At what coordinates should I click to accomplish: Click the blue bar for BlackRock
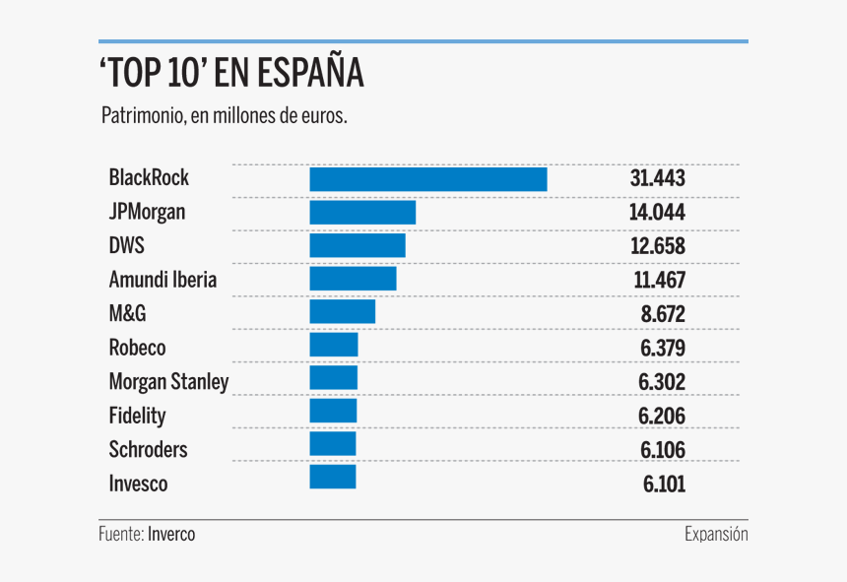point(427,179)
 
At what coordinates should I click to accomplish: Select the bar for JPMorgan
point(362,213)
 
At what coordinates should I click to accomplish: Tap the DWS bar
point(358,246)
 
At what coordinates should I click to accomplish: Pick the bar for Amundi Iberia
point(353,280)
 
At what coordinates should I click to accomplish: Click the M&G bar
point(342,312)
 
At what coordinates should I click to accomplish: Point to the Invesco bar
point(332,478)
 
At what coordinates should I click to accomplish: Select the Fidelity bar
point(333,411)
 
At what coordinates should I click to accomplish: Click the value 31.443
point(657,179)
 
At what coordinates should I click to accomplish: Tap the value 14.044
point(657,213)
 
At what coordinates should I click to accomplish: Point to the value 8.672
point(661,315)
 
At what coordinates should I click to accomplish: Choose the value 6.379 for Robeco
point(661,349)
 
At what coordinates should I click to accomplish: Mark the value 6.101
point(663,485)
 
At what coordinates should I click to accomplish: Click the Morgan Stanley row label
point(168,382)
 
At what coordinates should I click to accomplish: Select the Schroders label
point(148,450)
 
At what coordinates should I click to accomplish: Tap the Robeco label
point(137,348)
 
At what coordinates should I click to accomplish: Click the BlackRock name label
point(149,178)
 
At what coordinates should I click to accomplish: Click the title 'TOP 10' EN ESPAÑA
point(231,74)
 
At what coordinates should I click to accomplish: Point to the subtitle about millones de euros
point(224,116)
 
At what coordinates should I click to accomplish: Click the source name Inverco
point(171,534)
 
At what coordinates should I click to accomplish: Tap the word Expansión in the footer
point(716,534)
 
